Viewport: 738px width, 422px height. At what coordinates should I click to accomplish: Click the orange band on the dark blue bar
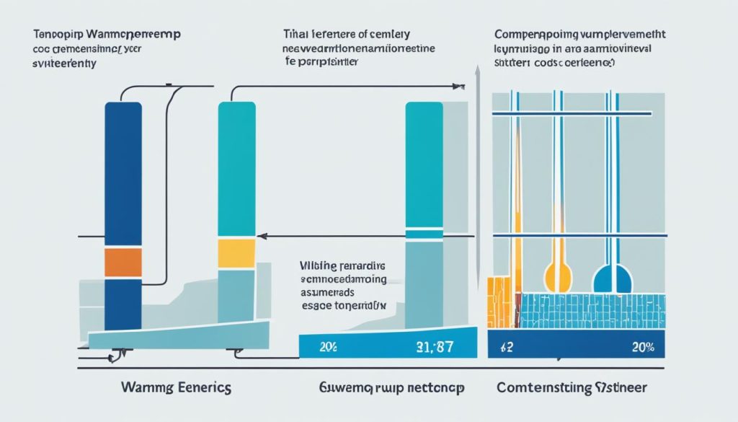[124, 263]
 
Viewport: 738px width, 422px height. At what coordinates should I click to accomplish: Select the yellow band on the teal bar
[236, 254]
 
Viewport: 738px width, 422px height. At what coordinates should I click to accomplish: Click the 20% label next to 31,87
[329, 347]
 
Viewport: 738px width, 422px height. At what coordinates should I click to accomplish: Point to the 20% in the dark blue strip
[641, 348]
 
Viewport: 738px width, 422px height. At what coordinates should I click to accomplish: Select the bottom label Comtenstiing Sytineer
[572, 387]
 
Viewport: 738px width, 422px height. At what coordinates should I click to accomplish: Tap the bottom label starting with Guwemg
[390, 387]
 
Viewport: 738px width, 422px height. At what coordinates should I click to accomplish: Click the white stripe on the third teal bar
[424, 233]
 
